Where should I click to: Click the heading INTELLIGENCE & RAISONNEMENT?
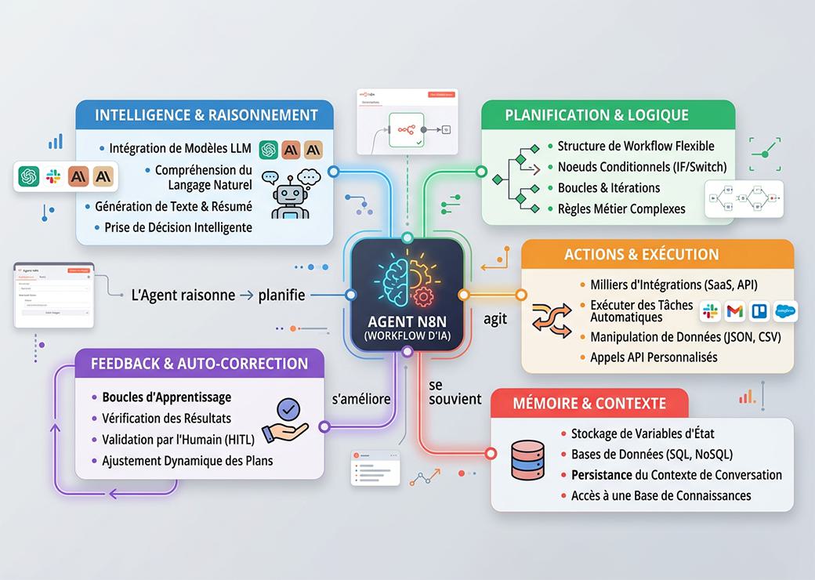pyautogui.click(x=205, y=114)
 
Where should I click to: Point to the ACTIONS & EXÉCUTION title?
pyautogui.click(x=641, y=254)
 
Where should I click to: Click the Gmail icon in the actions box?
pyautogui.click(x=734, y=311)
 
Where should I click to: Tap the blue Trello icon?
pyautogui.click(x=759, y=311)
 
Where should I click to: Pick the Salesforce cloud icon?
pyautogui.click(x=784, y=311)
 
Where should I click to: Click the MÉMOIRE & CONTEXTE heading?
pyautogui.click(x=589, y=404)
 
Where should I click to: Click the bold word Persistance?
pyautogui.click(x=602, y=474)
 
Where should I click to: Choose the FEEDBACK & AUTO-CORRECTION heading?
pyautogui.click(x=199, y=364)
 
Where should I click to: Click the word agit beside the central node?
pyautogui.click(x=495, y=318)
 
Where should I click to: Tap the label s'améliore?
pyautogui.click(x=361, y=399)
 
